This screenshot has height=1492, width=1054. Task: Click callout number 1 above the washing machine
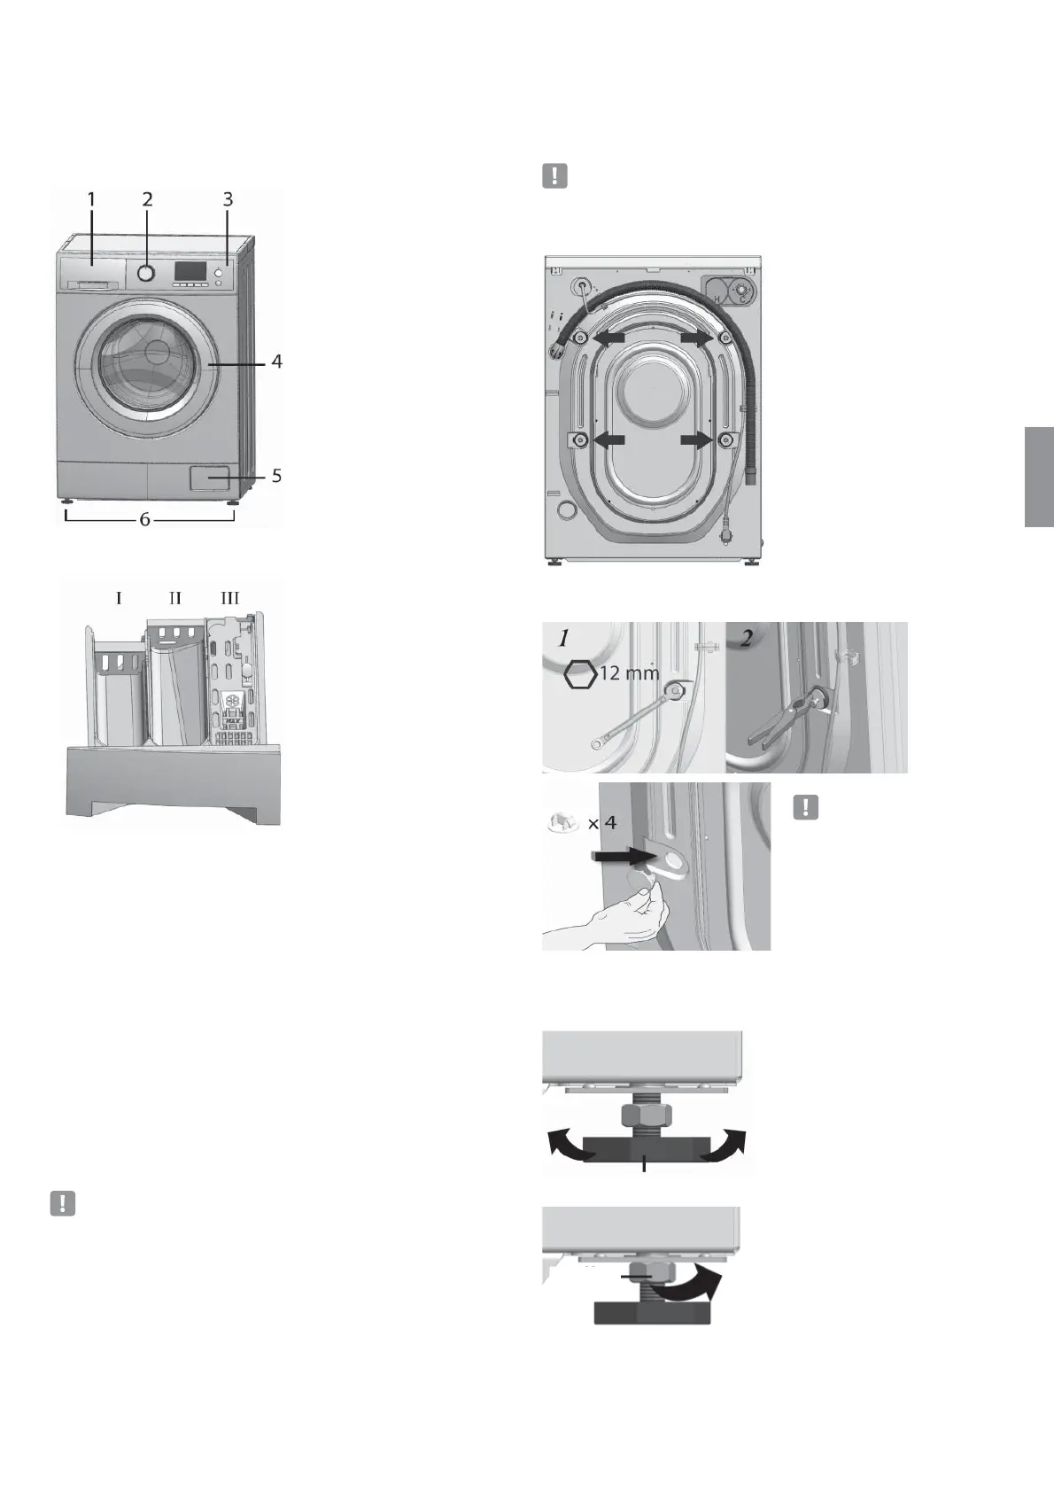click(91, 199)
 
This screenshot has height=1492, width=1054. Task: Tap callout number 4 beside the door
click(276, 361)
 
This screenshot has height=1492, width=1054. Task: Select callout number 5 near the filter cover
click(276, 476)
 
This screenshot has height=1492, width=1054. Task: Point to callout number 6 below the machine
click(144, 520)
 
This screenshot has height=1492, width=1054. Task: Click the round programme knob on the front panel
click(147, 272)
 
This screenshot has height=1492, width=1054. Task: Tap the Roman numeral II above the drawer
click(174, 599)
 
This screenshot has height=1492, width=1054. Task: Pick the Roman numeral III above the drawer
click(229, 599)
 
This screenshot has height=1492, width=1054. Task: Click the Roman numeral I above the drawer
click(119, 599)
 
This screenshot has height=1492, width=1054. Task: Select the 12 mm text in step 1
click(629, 673)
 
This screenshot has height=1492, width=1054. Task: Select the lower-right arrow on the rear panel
click(697, 439)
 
